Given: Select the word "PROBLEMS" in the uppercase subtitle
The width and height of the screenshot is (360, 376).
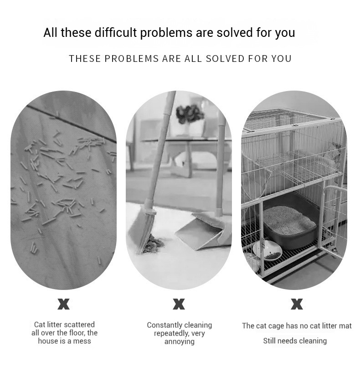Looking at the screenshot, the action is click(x=132, y=59).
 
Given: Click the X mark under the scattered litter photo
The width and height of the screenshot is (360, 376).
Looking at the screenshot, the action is click(x=64, y=304).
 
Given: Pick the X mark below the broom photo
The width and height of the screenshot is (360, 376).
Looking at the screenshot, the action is click(x=179, y=304).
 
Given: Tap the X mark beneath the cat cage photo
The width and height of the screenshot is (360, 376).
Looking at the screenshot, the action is click(x=297, y=304).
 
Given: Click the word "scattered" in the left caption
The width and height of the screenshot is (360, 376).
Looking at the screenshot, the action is click(x=80, y=325).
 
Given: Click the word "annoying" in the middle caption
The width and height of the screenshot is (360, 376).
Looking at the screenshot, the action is click(x=179, y=341).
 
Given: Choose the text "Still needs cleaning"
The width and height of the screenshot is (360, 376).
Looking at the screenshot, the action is click(x=295, y=341).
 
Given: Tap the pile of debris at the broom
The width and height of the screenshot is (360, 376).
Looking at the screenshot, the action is click(x=154, y=244).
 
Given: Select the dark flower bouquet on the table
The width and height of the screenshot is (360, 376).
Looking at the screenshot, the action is click(x=190, y=114).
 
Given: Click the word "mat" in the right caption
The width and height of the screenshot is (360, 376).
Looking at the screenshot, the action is click(x=346, y=326).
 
